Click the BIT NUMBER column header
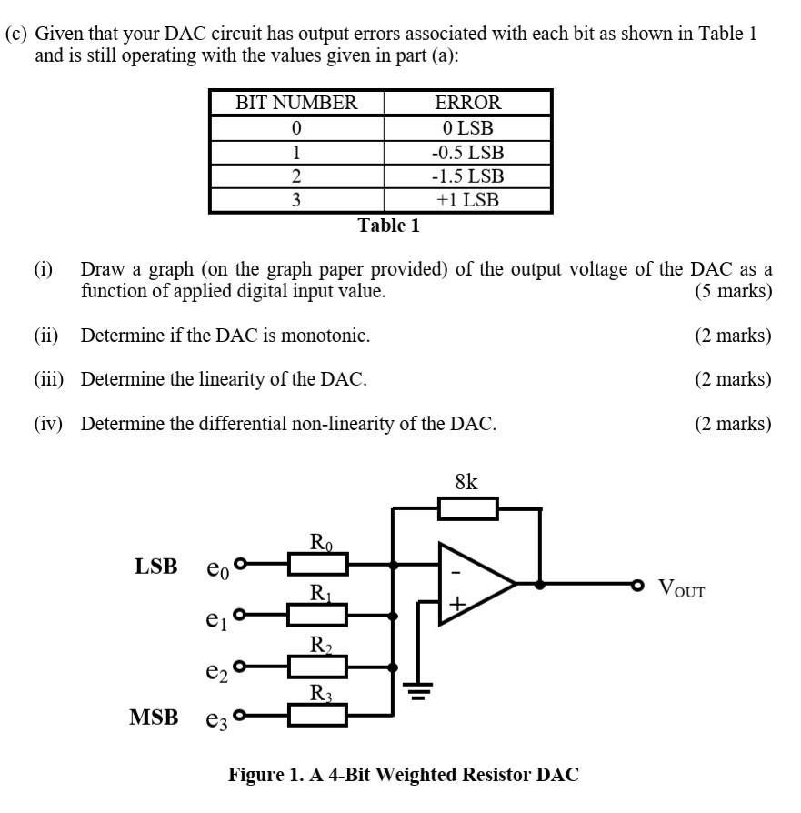[296, 103]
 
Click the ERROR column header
[467, 103]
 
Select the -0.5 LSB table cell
[467, 152]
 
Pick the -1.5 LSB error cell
[467, 176]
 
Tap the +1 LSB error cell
[467, 199]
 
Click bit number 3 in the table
[296, 199]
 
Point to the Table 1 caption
[388, 226]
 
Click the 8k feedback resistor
[467, 508]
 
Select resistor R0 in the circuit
[318, 565]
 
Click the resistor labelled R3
[318, 715]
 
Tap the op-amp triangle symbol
[476, 584]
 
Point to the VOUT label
[681, 588]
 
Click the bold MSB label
[154, 718]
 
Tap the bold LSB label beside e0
[156, 567]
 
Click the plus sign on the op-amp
[456, 603]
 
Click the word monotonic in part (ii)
[325, 336]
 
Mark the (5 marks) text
[733, 292]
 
